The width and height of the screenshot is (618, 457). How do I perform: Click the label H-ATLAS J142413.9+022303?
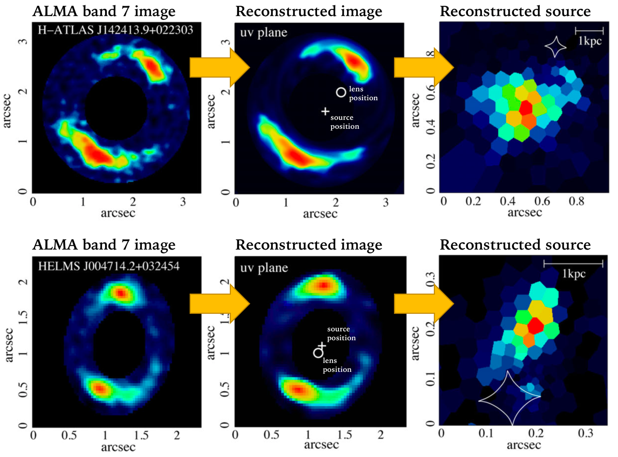coord(115,30)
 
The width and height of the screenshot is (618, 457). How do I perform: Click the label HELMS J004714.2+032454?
coord(109,266)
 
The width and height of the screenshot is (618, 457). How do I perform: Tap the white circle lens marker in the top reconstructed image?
coord(341,92)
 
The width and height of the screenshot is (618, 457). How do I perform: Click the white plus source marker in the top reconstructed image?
coord(325,111)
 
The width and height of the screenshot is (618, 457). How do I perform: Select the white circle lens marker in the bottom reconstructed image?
coord(318,353)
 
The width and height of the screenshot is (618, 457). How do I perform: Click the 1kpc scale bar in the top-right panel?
coord(589,31)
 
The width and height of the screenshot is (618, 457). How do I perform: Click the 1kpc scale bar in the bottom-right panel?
coord(573,264)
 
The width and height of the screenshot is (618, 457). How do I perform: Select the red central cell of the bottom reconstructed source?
coord(536,326)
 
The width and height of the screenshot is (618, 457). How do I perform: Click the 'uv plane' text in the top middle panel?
coord(264,33)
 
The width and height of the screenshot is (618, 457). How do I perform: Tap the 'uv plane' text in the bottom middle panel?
coord(264,268)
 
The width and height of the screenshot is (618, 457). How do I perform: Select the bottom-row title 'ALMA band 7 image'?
coord(104,245)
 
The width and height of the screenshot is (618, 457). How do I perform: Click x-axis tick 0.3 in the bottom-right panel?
coord(585,433)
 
